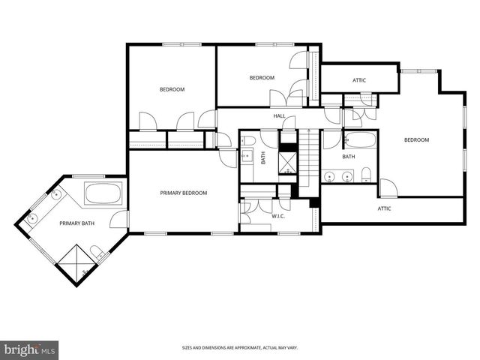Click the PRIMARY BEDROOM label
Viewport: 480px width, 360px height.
183,193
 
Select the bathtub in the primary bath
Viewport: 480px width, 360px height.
103,194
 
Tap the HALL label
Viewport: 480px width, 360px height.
279,115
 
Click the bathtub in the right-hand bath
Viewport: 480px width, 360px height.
359,140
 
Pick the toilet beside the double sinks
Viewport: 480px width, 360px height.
365,175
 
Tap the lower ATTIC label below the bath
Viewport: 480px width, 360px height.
384,208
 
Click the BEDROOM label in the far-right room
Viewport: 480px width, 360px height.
416,140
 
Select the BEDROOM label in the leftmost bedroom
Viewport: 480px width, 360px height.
172,90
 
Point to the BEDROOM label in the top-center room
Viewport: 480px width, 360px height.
262,78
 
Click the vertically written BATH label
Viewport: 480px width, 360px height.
263,157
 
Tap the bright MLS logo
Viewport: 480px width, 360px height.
30,349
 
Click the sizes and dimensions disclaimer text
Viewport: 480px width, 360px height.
239,348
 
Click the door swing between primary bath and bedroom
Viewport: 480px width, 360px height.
118,220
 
